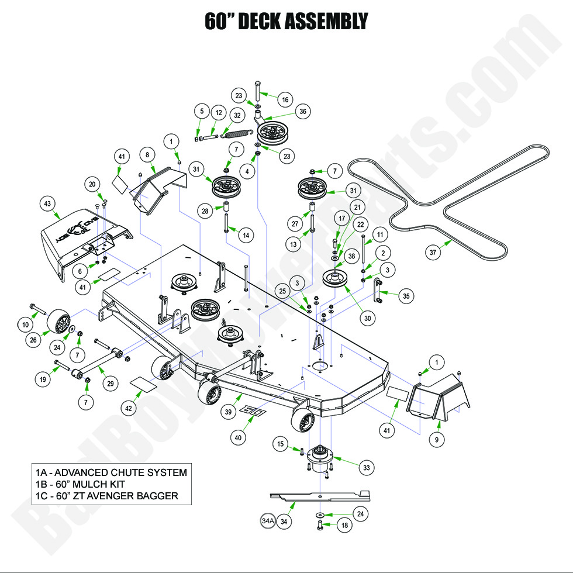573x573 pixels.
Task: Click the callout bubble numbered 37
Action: point(433,253)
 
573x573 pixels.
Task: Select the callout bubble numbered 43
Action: point(48,204)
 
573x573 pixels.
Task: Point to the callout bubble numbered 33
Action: point(367,467)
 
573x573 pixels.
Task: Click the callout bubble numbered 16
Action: point(285,100)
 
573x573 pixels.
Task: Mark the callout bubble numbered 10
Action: point(26,325)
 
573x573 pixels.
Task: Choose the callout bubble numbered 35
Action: point(406,296)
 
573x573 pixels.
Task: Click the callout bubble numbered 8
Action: point(147,155)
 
